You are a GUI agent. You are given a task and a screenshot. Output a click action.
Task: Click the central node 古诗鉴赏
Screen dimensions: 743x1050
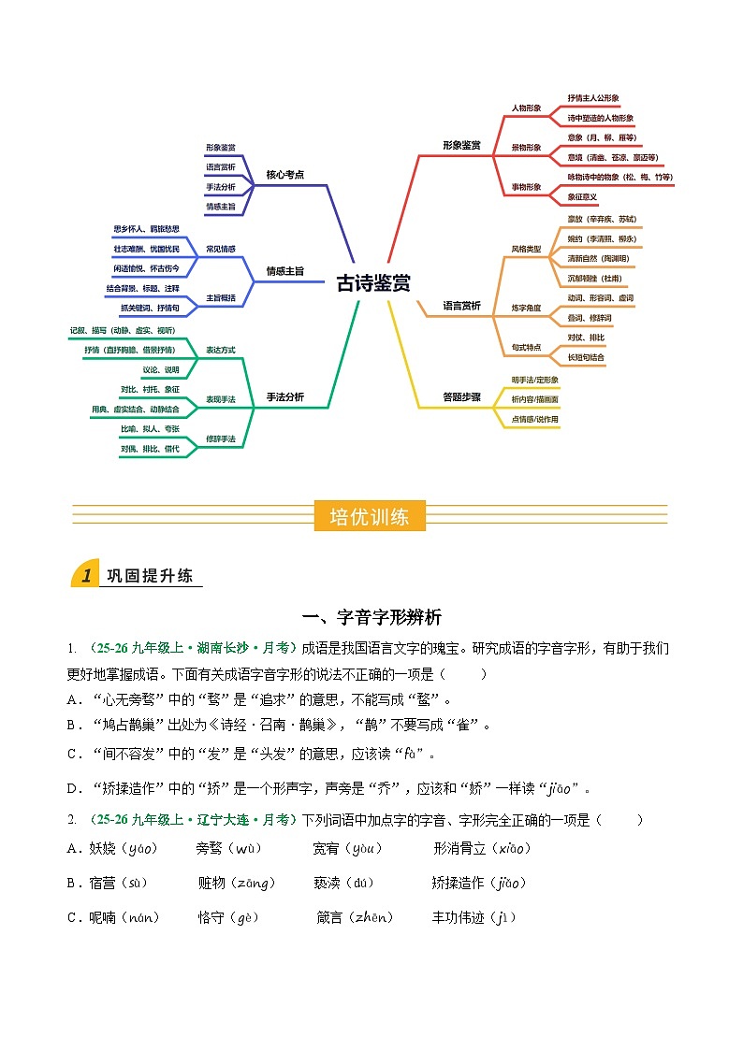tap(373, 283)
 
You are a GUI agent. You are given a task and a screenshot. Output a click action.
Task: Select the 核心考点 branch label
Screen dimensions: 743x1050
tap(284, 175)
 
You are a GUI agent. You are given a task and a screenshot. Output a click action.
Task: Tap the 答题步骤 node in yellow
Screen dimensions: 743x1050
tap(461, 396)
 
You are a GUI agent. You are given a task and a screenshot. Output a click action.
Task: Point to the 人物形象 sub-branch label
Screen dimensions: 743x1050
tap(525, 108)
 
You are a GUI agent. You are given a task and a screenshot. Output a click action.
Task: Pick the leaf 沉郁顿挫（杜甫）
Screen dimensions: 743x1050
tap(598, 279)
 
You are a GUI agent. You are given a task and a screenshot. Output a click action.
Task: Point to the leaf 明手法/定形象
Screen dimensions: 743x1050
tap(535, 380)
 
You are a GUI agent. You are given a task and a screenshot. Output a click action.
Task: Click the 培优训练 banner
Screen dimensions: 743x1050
tap(370, 516)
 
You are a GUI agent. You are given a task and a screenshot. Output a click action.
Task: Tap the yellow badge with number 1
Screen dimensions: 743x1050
tap(85, 575)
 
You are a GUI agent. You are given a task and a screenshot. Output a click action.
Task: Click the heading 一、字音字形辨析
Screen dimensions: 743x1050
tap(371, 617)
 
